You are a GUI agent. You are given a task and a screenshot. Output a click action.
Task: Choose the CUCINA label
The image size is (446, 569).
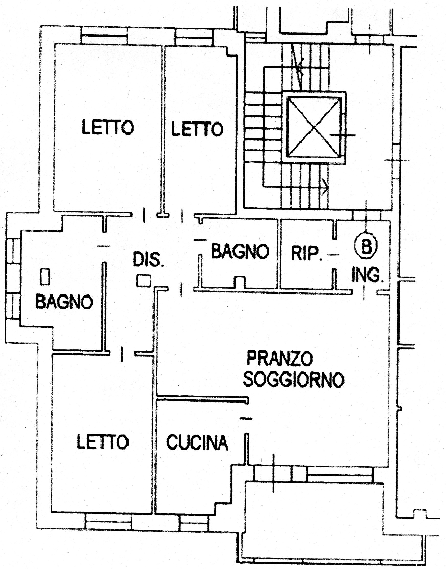coord(197,442)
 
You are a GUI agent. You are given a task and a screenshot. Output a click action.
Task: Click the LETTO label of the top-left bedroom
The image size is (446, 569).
coord(108,127)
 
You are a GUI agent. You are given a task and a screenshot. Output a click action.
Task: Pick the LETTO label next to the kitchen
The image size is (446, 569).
coord(103,442)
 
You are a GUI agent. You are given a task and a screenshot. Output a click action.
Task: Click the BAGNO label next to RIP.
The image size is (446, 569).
coord(240,251)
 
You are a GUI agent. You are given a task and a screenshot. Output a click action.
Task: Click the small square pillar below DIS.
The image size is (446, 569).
coord(144,280)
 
